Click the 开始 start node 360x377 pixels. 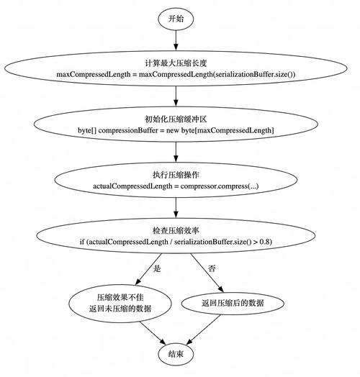tap(176, 19)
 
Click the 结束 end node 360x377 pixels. tap(176, 353)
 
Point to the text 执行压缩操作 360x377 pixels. tap(176, 175)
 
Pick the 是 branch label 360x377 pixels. tap(157, 268)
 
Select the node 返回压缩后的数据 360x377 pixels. tap(232, 303)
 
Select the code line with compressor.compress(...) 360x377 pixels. tap(176, 186)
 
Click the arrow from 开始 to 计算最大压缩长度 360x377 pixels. tap(176, 42)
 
